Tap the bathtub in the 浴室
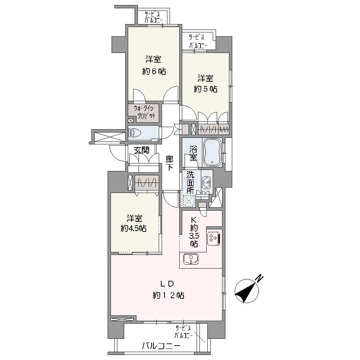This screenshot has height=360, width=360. pyautogui.click(x=212, y=152)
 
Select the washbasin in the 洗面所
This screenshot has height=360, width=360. pyautogui.click(x=206, y=182)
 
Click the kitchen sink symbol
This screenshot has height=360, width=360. pyautogui.click(x=191, y=259)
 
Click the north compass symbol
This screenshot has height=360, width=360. pyautogui.click(x=246, y=291)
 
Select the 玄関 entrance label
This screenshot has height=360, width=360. pyautogui.click(x=141, y=150)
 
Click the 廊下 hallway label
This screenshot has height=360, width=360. pyautogui.click(x=170, y=163)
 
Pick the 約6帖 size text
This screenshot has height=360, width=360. pyautogui.click(x=154, y=72)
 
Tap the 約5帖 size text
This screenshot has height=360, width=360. pyautogui.click(x=206, y=89)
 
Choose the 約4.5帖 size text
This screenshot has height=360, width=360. pyautogui.click(x=134, y=229)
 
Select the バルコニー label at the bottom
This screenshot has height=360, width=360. pyautogui.click(x=161, y=346)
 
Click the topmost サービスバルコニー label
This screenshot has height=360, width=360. pyautogui.click(x=153, y=17)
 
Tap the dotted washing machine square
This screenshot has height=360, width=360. pyautogui.click(x=188, y=201)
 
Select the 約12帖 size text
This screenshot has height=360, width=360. pyautogui.click(x=168, y=296)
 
